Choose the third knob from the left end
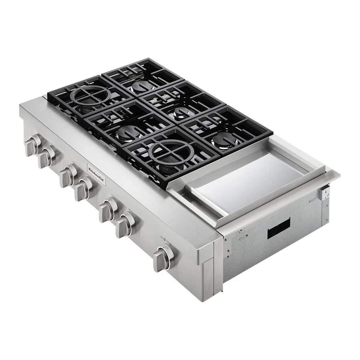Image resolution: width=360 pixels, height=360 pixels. tap(68, 176)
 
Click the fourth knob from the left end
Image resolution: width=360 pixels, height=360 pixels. tap(83, 189)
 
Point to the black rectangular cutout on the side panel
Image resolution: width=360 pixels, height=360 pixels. tap(278, 229)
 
